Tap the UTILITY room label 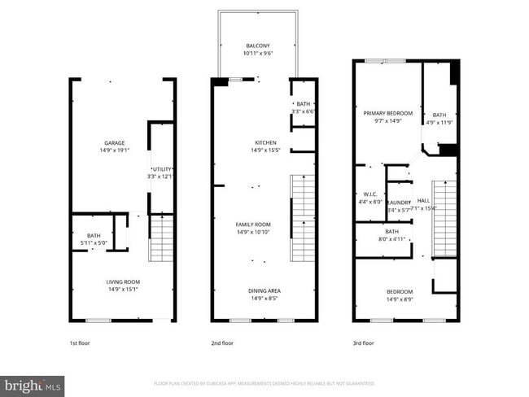pyautogui.click(x=162, y=169)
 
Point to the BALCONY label pyautogui.click(x=257, y=46)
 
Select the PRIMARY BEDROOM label pyautogui.click(x=387, y=113)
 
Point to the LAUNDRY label pyautogui.click(x=398, y=202)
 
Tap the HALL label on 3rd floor pyautogui.click(x=423, y=200)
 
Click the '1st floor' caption pyautogui.click(x=79, y=343)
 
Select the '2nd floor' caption pyautogui.click(x=222, y=343)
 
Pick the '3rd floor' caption pyautogui.click(x=364, y=343)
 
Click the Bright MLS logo pyautogui.click(x=33, y=383)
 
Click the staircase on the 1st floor pyautogui.click(x=162, y=238)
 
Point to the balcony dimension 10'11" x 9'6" pyautogui.click(x=257, y=53)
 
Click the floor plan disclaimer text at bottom pyautogui.click(x=264, y=382)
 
